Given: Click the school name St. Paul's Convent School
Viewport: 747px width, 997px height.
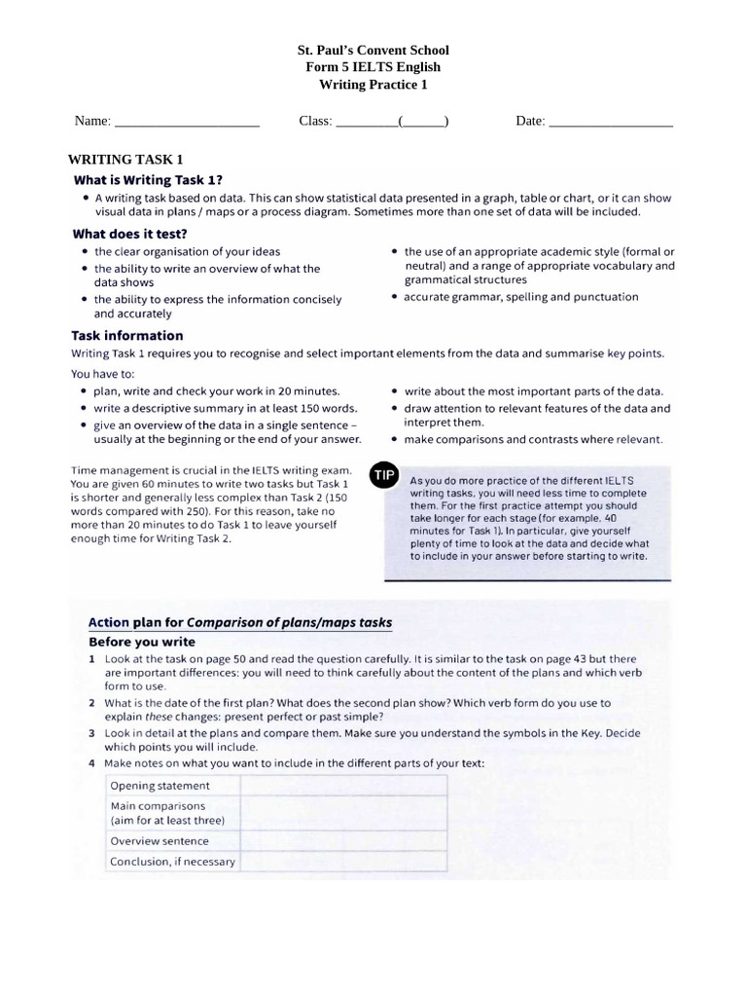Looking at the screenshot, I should pos(373,50).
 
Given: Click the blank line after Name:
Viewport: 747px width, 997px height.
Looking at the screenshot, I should pos(187,123).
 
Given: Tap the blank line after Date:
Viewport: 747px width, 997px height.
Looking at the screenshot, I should pos(610,123).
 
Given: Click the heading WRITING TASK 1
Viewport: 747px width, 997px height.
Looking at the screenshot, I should pos(125,159).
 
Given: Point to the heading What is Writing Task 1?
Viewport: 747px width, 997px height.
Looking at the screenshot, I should pos(148,179).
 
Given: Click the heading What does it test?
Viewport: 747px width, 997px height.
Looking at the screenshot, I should pos(129,234).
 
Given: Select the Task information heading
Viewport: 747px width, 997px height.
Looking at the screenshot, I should pos(126,336).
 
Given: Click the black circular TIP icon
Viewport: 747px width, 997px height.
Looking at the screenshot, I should pos(383,475).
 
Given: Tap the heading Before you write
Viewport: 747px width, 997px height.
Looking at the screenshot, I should pos(142,642).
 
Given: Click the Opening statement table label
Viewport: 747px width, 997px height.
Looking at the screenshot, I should pos(160,786).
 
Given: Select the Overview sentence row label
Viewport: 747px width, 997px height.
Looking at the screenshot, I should pos(160,841).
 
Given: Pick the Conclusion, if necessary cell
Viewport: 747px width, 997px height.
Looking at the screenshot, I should pos(172,862).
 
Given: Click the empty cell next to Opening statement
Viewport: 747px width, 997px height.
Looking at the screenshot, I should pos(342,786).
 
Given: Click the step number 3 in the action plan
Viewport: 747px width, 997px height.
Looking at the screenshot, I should pos(91,733).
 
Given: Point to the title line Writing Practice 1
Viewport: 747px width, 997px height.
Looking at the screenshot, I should pos(373,85).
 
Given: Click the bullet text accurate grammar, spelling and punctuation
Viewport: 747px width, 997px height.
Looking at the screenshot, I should pos(520,297).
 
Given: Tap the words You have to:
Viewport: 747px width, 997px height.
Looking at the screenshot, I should pos(103,373).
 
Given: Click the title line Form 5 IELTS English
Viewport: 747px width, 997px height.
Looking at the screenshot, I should pos(373,67).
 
